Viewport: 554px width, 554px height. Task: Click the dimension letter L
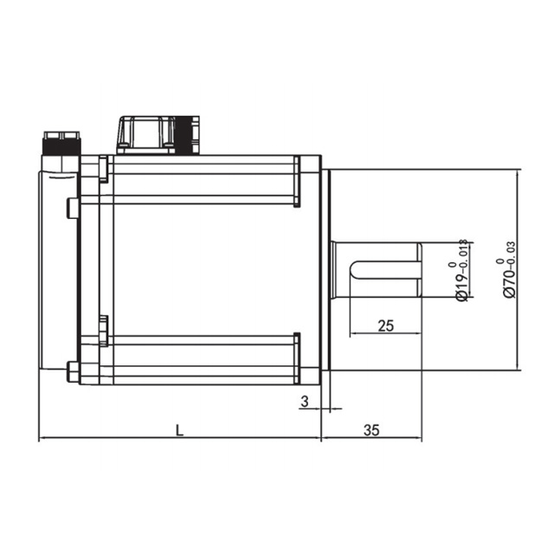point(180,430)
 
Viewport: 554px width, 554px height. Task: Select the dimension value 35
point(371,430)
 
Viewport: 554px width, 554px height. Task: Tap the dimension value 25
point(385,325)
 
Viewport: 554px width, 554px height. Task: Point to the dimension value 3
point(305,402)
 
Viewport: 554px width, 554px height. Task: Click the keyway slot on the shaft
point(386,270)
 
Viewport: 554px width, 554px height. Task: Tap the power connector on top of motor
point(158,135)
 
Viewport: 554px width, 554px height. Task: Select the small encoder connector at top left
point(61,144)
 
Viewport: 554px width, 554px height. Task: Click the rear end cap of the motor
point(58,270)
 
